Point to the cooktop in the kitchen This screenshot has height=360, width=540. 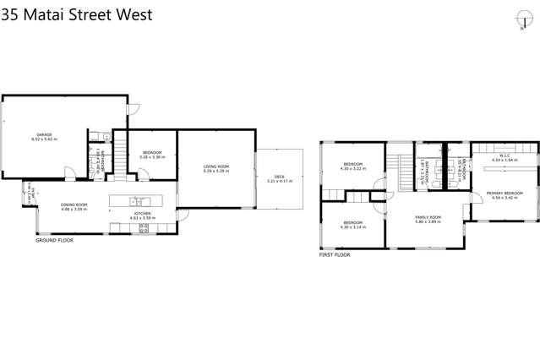click(144, 228)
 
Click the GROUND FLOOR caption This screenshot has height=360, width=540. click(54, 241)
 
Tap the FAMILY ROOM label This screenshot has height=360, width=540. click(428, 217)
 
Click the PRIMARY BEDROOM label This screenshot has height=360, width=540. click(505, 194)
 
